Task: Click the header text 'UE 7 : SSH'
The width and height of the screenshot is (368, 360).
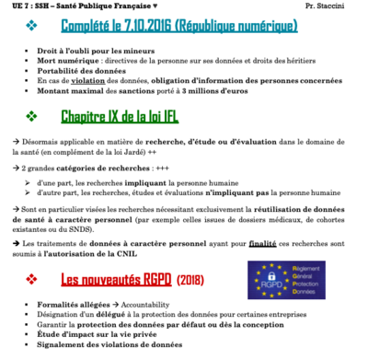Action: point(22,7)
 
